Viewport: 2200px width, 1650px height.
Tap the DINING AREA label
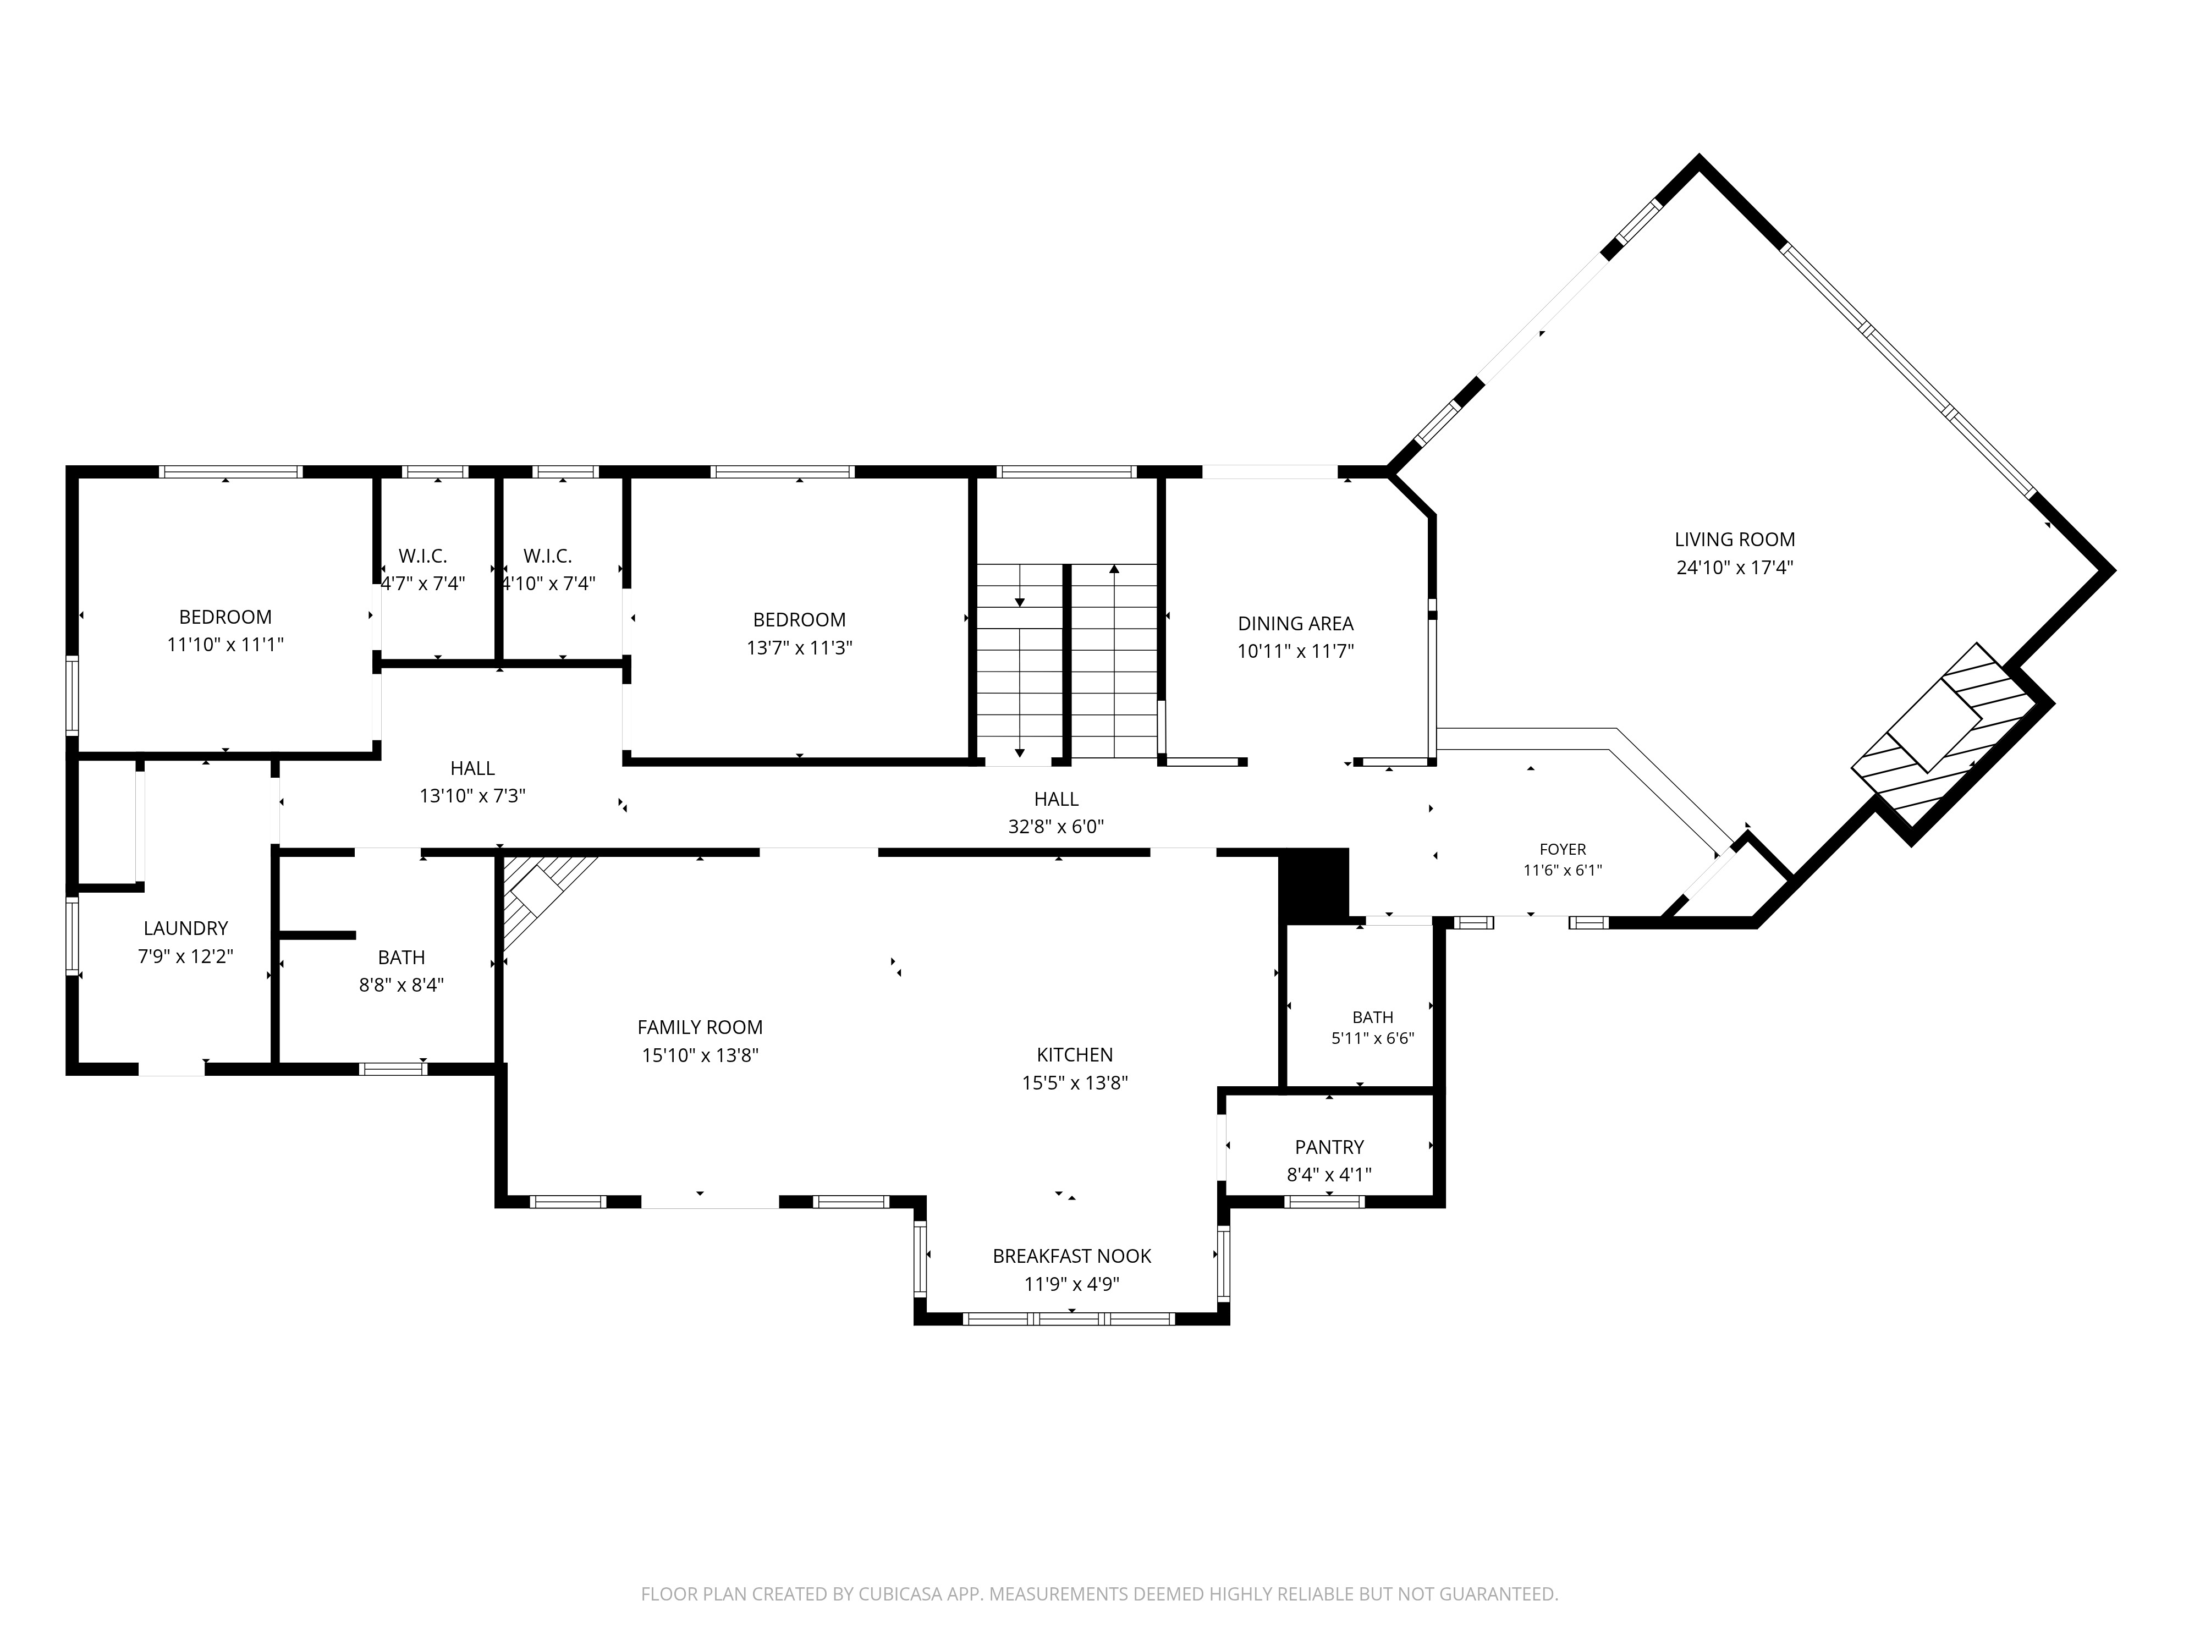[1295, 624]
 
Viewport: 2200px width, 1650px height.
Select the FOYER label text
[1563, 849]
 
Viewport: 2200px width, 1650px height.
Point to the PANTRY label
[1329, 1147]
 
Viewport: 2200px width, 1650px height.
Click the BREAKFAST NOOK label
[1071, 1256]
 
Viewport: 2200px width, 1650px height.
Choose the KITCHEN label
[1074, 1054]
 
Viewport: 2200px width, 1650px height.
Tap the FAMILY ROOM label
[700, 1027]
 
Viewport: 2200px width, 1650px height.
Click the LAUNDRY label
[186, 928]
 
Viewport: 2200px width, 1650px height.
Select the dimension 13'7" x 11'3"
[800, 647]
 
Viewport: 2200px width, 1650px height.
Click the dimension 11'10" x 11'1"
[226, 645]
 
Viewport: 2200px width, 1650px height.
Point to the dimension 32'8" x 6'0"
[1056, 827]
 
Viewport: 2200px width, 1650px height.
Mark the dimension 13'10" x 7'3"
[472, 796]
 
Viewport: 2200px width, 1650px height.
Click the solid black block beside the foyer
[1313, 885]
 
